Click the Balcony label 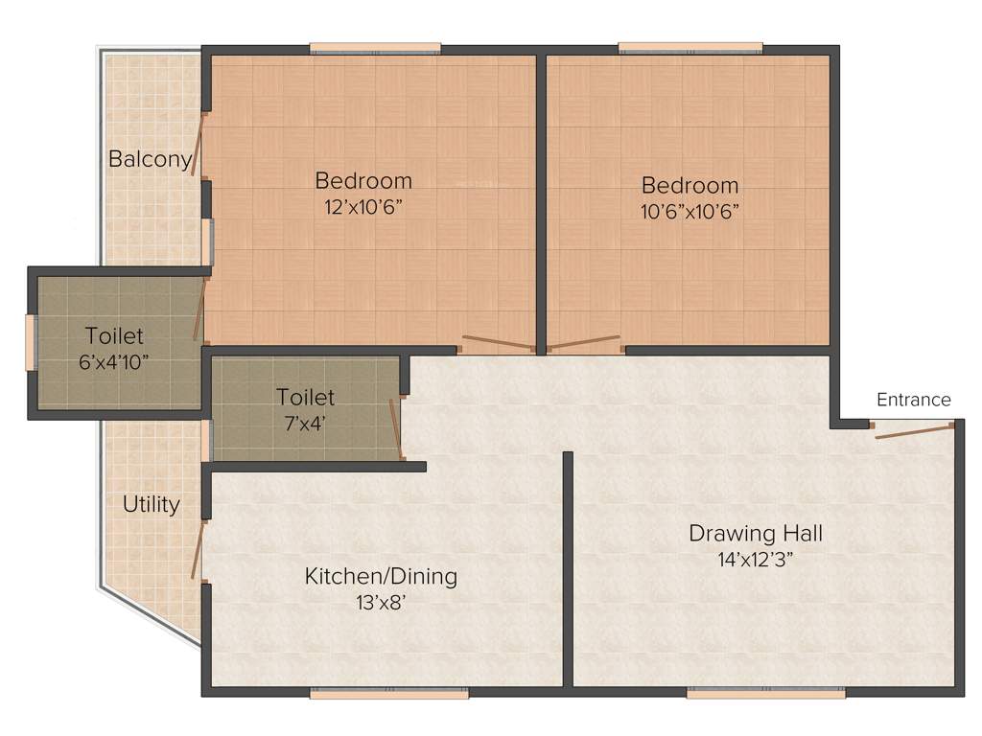point(151,159)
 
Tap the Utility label point(152,504)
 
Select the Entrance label point(913,400)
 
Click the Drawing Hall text point(756,533)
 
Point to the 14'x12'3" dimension point(756,559)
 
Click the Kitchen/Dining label point(381,576)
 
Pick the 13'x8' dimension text point(381,603)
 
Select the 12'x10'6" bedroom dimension point(363,207)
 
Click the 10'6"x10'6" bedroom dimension point(690,211)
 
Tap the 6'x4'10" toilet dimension point(114,362)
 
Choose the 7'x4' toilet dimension point(305,422)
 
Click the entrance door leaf point(914,430)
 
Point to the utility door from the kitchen point(198,550)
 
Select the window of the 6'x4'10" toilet point(31,341)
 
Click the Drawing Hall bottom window point(765,692)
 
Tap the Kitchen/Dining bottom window point(388,692)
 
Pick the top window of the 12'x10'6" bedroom point(375,48)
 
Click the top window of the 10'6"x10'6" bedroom point(690,48)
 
